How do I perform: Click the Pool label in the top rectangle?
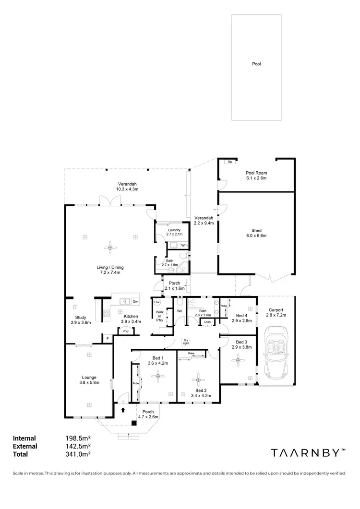click(256, 63)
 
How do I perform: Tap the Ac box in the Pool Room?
click(230, 162)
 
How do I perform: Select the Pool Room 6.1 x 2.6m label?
click(256, 176)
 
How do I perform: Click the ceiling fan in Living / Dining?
click(111, 248)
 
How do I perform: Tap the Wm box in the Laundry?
click(184, 245)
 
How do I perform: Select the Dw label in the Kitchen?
click(135, 302)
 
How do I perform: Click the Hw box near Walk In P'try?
click(157, 302)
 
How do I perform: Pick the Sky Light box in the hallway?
click(186, 342)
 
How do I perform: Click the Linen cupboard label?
click(207, 321)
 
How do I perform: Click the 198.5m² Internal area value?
click(78, 438)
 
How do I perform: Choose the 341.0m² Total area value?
click(78, 454)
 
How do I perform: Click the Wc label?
click(179, 311)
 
